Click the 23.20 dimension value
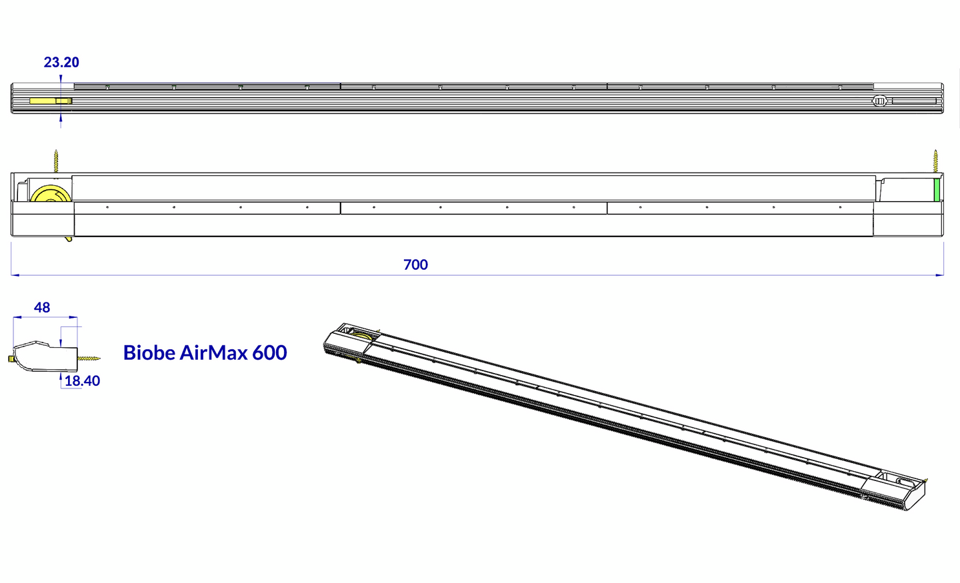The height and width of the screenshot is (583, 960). [61, 63]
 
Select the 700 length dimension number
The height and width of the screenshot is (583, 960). [415, 265]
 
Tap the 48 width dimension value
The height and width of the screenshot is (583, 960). [42, 308]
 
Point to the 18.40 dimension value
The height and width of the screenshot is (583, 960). [82, 381]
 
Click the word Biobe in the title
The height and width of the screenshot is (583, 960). [149, 352]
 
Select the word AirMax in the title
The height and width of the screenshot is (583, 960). [213, 352]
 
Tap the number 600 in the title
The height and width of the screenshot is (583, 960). [269, 352]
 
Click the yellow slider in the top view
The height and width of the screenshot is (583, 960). [51, 101]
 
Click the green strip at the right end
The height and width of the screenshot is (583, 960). [937, 190]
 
